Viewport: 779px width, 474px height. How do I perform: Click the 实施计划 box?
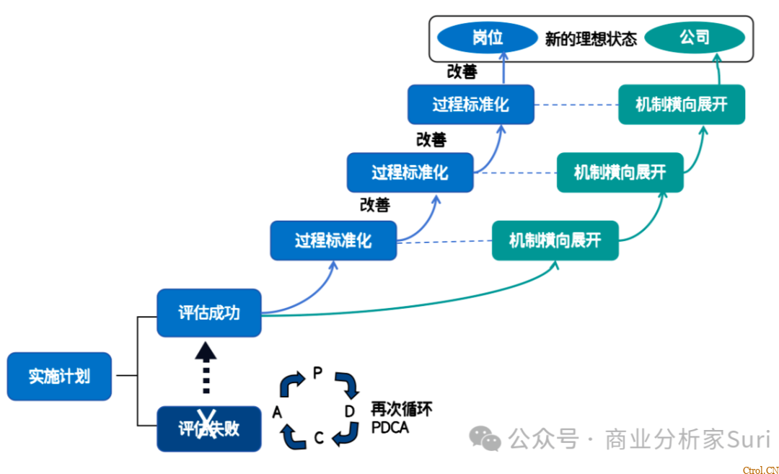pyautogui.click(x=59, y=376)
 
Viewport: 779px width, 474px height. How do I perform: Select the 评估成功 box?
pyautogui.click(x=209, y=312)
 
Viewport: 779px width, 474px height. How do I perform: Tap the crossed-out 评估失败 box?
pyautogui.click(x=209, y=429)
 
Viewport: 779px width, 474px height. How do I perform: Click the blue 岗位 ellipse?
pyautogui.click(x=487, y=38)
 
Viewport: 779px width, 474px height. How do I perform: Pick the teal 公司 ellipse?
pyautogui.click(x=694, y=38)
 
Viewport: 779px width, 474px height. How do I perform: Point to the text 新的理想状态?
pyautogui.click(x=591, y=39)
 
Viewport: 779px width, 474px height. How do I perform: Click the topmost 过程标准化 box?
pyautogui.click(x=470, y=104)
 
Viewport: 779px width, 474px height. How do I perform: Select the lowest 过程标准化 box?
pyautogui.click(x=333, y=240)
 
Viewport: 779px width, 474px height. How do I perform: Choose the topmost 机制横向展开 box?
pyautogui.click(x=681, y=104)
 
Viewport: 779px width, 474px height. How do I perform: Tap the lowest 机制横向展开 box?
pyautogui.click(x=555, y=240)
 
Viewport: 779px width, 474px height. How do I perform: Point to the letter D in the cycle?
pyautogui.click(x=350, y=412)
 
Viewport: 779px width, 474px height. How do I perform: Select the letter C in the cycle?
pyautogui.click(x=319, y=437)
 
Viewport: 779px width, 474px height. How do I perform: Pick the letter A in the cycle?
pyautogui.click(x=277, y=412)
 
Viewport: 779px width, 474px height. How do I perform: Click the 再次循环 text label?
pyautogui.click(x=402, y=410)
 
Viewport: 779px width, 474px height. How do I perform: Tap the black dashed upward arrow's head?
pyautogui.click(x=206, y=352)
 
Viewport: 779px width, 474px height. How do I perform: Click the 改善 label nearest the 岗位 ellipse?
pyautogui.click(x=462, y=71)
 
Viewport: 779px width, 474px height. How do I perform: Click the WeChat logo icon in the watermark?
pyautogui.click(x=485, y=438)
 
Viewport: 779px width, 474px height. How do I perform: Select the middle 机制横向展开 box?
pyautogui.click(x=620, y=172)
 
